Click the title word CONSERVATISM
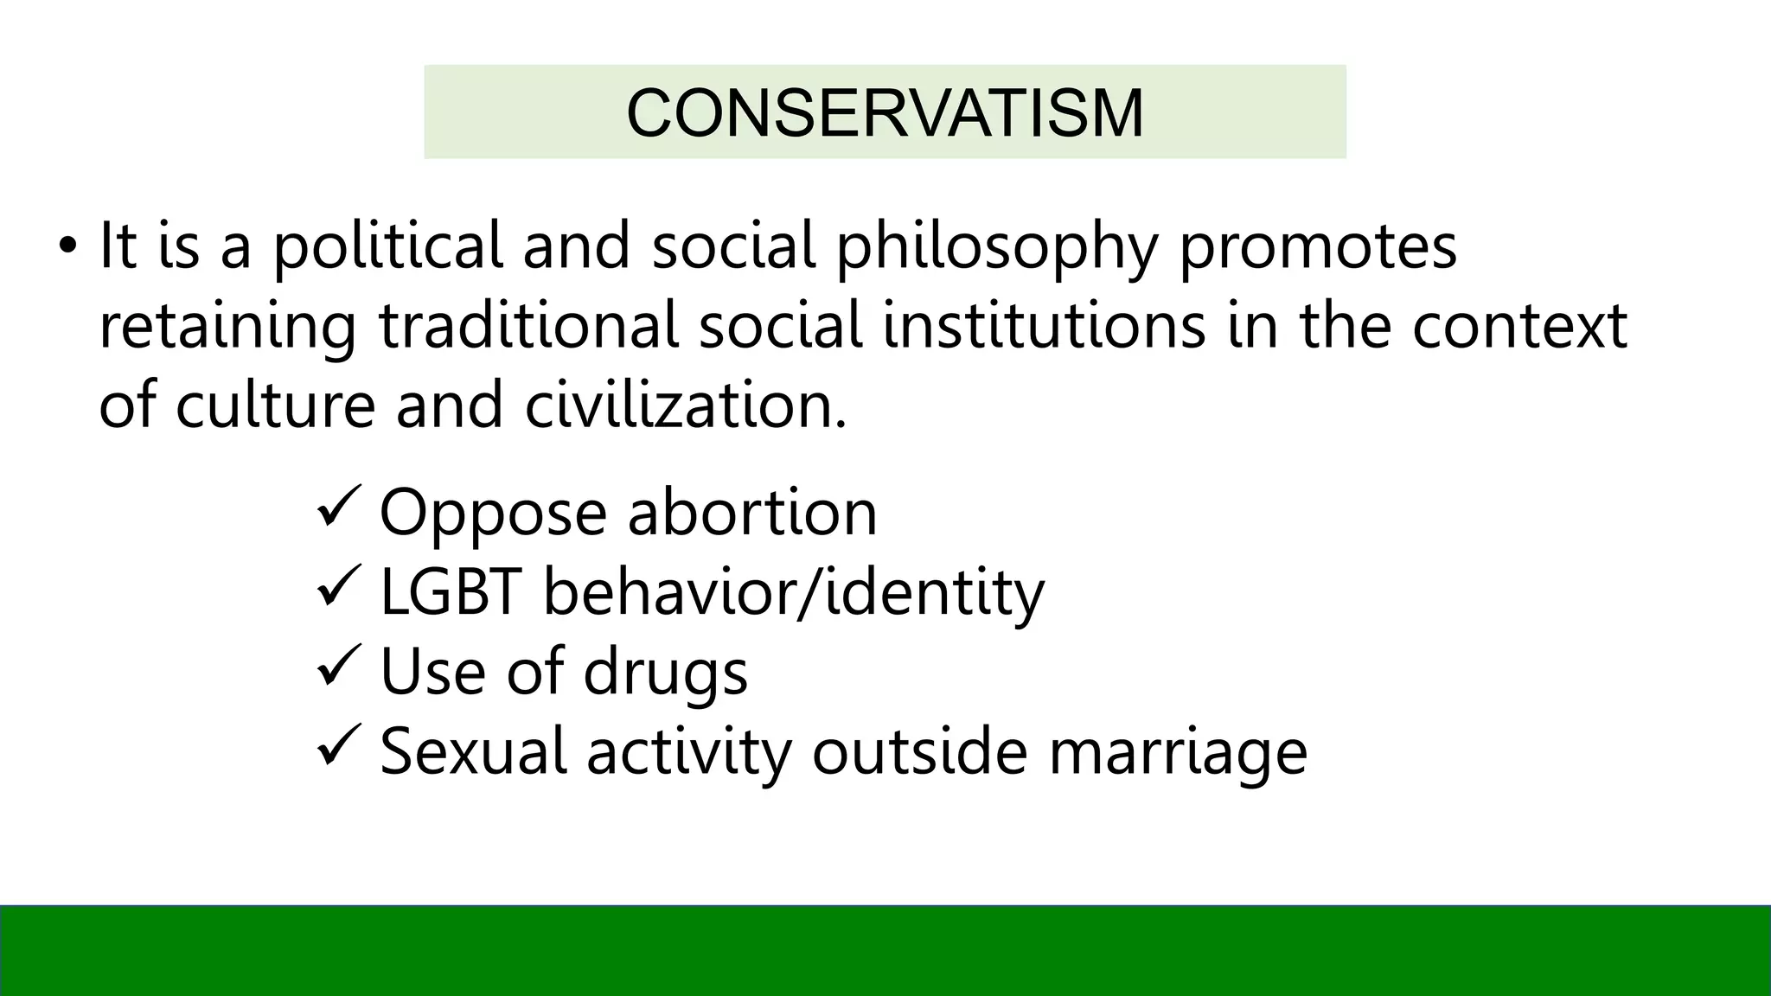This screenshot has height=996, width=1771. tap(885, 113)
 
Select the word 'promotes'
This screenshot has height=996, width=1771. tap(1318, 248)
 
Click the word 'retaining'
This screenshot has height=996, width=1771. tap(227, 328)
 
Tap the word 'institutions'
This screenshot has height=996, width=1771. tap(1044, 326)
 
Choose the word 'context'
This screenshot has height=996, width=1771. tap(1519, 326)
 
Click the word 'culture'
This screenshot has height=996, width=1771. tap(275, 405)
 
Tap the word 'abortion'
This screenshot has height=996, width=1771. tap(752, 512)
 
